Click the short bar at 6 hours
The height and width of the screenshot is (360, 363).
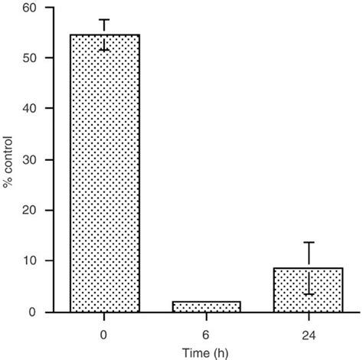[x=206, y=306]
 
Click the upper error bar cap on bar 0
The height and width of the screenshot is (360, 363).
[x=105, y=20]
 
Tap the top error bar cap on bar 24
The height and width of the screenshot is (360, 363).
[x=307, y=242]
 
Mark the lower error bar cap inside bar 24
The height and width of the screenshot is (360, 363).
[x=307, y=294]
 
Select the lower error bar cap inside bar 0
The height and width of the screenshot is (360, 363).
[x=105, y=50]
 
